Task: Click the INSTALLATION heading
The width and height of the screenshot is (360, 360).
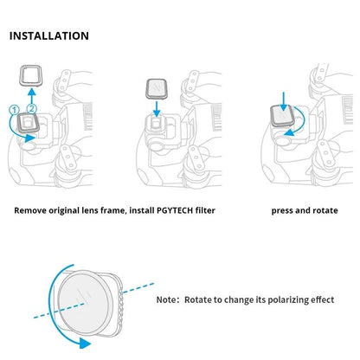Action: point(48,36)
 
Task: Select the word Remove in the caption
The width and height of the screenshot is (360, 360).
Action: point(32,209)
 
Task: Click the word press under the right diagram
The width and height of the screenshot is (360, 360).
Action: point(284,209)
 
